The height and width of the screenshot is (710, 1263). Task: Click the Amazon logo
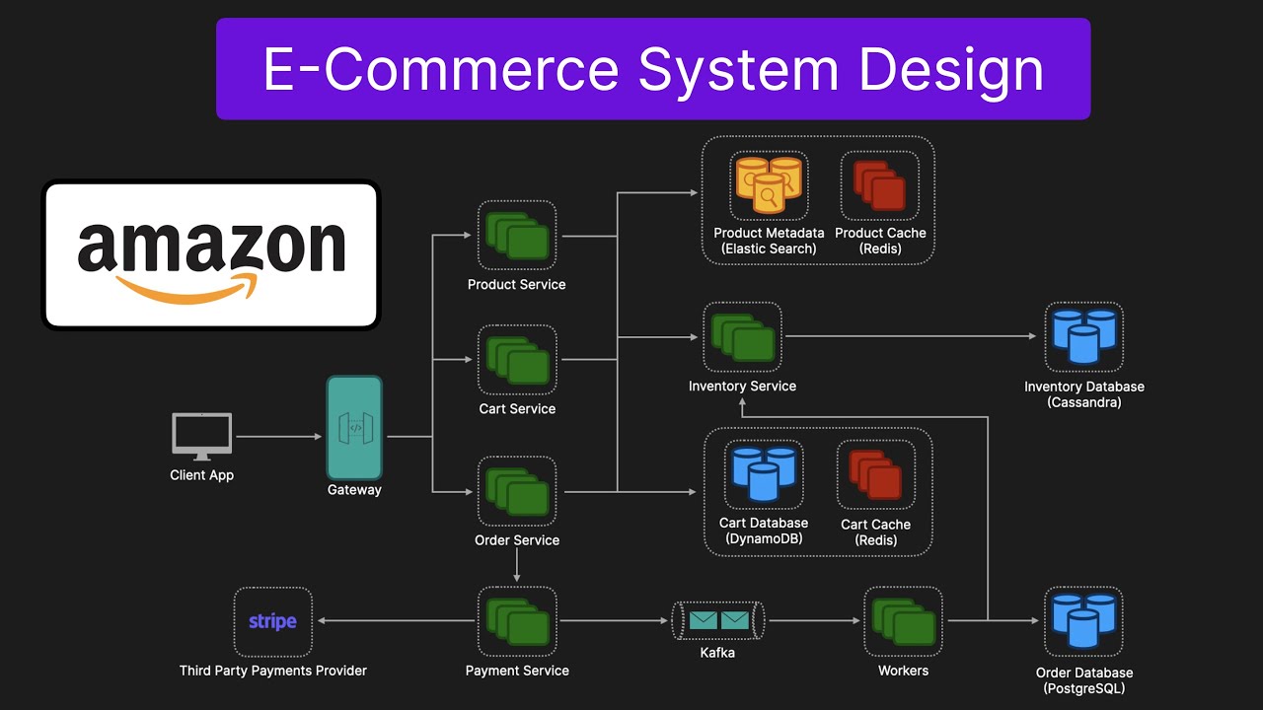pyautogui.click(x=210, y=254)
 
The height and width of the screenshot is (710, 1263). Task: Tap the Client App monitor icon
pyautogui.click(x=201, y=436)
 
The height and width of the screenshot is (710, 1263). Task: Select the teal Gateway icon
pyautogui.click(x=354, y=428)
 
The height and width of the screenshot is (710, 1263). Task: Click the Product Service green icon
pyautogui.click(x=517, y=235)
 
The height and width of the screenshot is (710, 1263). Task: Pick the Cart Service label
pyautogui.click(x=517, y=408)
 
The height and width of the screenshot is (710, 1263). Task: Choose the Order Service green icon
pyautogui.click(x=517, y=491)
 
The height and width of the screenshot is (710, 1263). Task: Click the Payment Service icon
pyautogui.click(x=517, y=621)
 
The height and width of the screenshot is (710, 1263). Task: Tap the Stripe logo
pyautogui.click(x=272, y=621)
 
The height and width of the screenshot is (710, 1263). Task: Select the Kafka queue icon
pyautogui.click(x=717, y=620)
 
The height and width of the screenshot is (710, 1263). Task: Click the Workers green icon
pyautogui.click(x=903, y=621)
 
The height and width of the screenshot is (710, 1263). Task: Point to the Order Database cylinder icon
pyautogui.click(x=1083, y=621)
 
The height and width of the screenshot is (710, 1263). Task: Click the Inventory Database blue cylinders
pyautogui.click(x=1083, y=336)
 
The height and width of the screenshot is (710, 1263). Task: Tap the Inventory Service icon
pyautogui.click(x=742, y=336)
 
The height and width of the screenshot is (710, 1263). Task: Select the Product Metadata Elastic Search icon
pyautogui.click(x=769, y=184)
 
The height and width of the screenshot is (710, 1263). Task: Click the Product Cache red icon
pyautogui.click(x=879, y=184)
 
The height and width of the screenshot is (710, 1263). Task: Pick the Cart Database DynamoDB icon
pyautogui.click(x=764, y=473)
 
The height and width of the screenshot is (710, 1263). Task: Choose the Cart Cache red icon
pyautogui.click(x=875, y=473)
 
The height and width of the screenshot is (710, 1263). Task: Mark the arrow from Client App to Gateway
pyautogui.click(x=280, y=436)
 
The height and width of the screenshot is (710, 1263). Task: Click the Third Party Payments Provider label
pyautogui.click(x=272, y=671)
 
